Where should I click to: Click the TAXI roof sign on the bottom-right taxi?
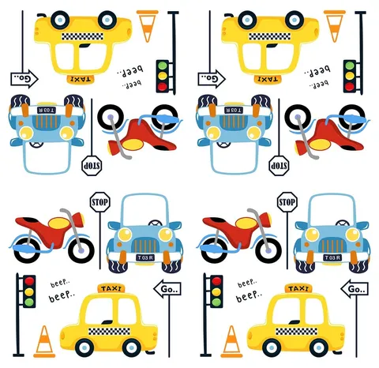[298, 288]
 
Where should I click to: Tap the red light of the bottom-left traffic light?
[29, 281]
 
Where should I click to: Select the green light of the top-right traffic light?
[350, 66]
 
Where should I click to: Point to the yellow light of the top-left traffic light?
[163, 76]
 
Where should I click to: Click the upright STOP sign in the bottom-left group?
[100, 202]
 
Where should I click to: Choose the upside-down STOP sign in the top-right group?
[279, 166]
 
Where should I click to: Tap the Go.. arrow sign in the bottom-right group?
[355, 289]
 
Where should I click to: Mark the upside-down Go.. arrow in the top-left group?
[24, 78]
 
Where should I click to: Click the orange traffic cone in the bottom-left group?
[44, 341]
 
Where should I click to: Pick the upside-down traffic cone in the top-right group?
[335, 26]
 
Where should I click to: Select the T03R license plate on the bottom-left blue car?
[145, 257]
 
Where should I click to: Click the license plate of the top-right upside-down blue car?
[234, 110]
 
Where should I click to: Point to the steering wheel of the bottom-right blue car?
[343, 223]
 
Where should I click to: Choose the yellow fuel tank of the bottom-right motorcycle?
[246, 223]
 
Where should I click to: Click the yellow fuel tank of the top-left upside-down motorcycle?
[133, 145]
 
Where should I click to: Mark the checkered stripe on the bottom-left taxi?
[109, 331]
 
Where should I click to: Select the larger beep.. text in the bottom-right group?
[249, 296]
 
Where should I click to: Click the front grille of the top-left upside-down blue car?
[47, 122]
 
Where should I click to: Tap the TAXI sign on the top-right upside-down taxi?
[268, 79]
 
